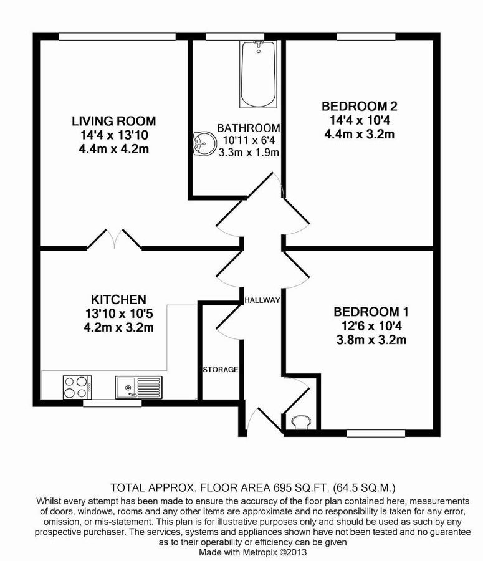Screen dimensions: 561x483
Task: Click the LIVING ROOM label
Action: tap(113, 121)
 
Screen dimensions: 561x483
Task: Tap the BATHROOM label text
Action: tap(247, 128)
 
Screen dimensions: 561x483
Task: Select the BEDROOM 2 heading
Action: tap(358, 105)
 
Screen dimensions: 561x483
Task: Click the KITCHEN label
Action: tap(118, 299)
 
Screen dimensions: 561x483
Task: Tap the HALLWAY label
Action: tap(262, 300)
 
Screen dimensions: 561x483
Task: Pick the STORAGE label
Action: tap(220, 370)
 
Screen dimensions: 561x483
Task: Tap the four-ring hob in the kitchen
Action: tap(77, 386)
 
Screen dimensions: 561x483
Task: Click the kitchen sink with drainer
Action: tap(138, 386)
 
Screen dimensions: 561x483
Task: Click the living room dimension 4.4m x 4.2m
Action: tap(113, 149)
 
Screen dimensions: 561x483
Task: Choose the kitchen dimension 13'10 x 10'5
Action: tap(118, 314)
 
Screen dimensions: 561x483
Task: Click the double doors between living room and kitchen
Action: tap(114, 240)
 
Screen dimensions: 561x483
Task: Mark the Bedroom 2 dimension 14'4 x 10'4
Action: tap(358, 120)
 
